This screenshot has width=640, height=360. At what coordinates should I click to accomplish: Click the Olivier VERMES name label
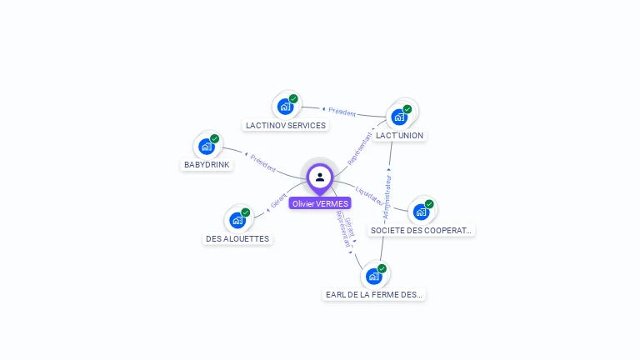[x=320, y=203]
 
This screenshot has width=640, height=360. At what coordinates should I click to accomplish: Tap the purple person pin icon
[x=320, y=177]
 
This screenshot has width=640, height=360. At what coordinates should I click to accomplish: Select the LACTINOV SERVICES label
[x=286, y=125]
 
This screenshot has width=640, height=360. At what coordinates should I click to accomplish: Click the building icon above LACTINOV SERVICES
[x=286, y=107]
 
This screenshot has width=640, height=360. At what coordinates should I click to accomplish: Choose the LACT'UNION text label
[x=399, y=135]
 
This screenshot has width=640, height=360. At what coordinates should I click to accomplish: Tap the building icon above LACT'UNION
[x=400, y=117]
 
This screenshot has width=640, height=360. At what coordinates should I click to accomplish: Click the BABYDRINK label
[x=207, y=165]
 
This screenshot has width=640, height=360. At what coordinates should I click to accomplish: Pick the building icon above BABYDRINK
[x=207, y=147]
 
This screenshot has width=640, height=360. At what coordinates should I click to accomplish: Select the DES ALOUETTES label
[x=237, y=238]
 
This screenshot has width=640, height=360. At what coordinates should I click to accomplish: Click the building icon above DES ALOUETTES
[x=237, y=220]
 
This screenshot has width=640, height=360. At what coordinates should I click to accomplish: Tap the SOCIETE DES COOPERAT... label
[x=422, y=230]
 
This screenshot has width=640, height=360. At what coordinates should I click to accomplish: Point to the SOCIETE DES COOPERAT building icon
[x=422, y=212]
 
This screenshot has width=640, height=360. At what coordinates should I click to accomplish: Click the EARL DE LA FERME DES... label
[x=374, y=294]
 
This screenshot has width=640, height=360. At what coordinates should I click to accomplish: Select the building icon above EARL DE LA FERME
[x=374, y=276]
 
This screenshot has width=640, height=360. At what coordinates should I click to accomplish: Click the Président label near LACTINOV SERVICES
[x=342, y=112]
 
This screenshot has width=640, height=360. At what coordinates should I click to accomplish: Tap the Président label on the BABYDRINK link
[x=262, y=162]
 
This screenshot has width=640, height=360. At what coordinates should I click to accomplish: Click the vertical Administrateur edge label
[x=387, y=193]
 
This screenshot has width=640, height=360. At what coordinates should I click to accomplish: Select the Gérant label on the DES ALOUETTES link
[x=278, y=201]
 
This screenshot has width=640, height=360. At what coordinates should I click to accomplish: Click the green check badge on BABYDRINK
[x=215, y=139]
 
